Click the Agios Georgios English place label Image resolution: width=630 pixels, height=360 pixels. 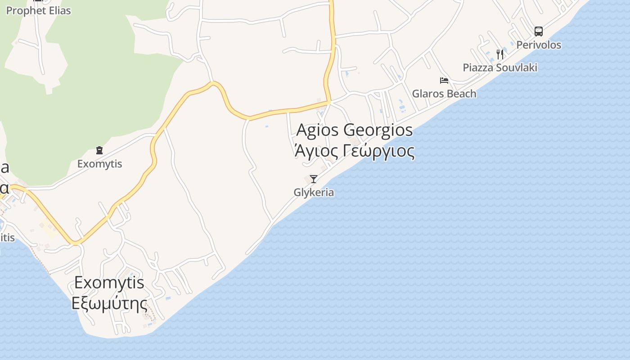click(355, 130)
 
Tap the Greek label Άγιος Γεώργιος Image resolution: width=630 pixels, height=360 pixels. click(355, 151)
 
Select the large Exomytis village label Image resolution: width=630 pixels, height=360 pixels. click(109, 283)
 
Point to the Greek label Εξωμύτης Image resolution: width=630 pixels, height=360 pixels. click(109, 303)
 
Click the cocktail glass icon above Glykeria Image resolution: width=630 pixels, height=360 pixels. click(314, 179)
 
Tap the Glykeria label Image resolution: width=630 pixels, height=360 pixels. click(314, 193)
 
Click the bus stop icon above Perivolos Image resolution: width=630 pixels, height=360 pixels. click(539, 31)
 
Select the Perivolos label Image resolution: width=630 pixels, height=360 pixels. click(539, 45)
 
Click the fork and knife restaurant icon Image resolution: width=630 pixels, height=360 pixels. click(500, 54)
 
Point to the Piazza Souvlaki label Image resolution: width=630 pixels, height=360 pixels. click(500, 67)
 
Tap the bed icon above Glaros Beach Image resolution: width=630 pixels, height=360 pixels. click(444, 81)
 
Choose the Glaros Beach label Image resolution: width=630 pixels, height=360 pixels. click(444, 94)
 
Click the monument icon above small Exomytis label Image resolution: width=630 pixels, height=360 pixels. click(99, 150)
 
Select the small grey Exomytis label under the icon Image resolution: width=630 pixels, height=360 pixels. click(99, 164)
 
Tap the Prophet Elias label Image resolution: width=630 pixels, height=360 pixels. click(38, 10)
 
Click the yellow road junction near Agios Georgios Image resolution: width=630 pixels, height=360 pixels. click(330, 103)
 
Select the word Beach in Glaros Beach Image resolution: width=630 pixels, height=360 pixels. click(460, 94)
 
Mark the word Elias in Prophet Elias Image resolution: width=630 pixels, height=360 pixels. click(56, 10)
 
